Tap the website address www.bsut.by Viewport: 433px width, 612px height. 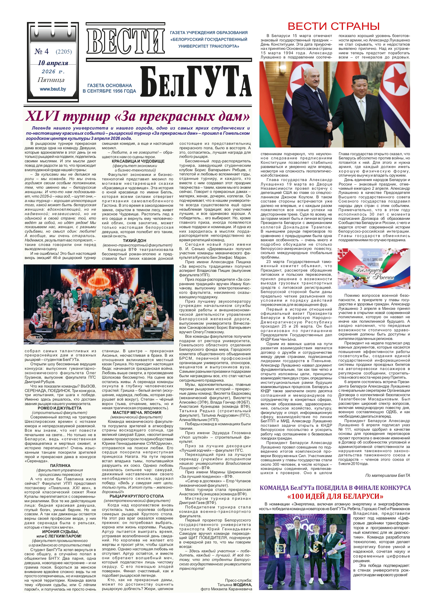[x=53, y=89]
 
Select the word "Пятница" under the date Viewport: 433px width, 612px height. [x=51, y=80]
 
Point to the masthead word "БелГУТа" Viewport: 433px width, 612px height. [x=196, y=82]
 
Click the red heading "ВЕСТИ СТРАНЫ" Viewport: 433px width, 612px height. [x=334, y=27]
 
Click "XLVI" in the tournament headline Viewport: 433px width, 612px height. [x=43, y=116]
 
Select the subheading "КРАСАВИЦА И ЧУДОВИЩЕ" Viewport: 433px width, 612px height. [x=138, y=161]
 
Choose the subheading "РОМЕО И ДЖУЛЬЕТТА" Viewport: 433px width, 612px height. [x=59, y=408]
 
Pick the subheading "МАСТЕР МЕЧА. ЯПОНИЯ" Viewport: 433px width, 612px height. [x=137, y=412]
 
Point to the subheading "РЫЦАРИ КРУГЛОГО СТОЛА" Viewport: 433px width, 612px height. [x=137, y=496]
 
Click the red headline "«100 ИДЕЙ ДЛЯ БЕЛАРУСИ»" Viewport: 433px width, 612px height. [x=335, y=496]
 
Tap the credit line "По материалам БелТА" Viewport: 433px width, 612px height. [x=387, y=475]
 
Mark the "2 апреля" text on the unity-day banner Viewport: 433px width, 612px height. [x=373, y=253]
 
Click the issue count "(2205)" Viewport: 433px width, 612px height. [x=64, y=52]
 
